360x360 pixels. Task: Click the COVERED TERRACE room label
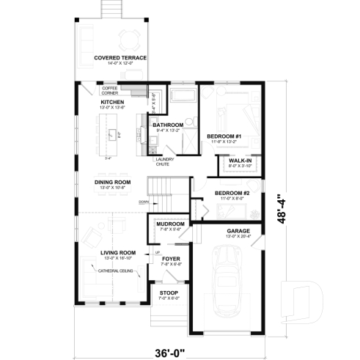coord(120,57)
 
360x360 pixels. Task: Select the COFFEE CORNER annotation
coord(110,91)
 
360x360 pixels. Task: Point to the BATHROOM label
coord(167,125)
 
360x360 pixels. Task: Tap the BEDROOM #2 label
coord(232,194)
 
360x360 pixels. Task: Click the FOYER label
coord(170,259)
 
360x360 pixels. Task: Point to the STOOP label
coord(169,293)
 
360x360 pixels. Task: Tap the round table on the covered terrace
coord(131,37)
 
